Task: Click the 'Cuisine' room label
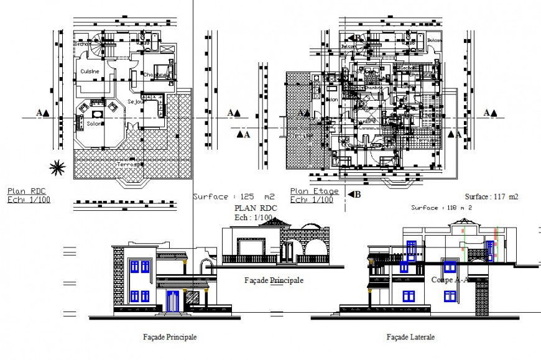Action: coord(90,72)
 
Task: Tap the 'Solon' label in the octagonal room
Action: coord(94,124)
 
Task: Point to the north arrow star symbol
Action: coord(58,166)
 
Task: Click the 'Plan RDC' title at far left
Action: coord(27,191)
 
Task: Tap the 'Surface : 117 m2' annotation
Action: coord(492,196)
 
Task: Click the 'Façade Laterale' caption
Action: coord(410,337)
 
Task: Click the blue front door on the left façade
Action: coord(173,301)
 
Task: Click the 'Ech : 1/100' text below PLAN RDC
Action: coord(253,218)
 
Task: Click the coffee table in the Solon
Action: coord(96,114)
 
